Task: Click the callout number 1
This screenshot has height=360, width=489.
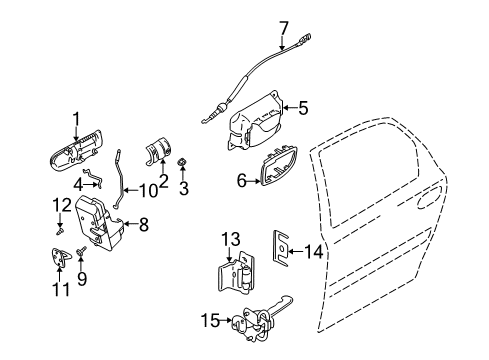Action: coord(74,122)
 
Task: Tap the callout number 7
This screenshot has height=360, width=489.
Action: coord(283,27)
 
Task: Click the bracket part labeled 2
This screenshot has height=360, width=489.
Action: coord(157,150)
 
